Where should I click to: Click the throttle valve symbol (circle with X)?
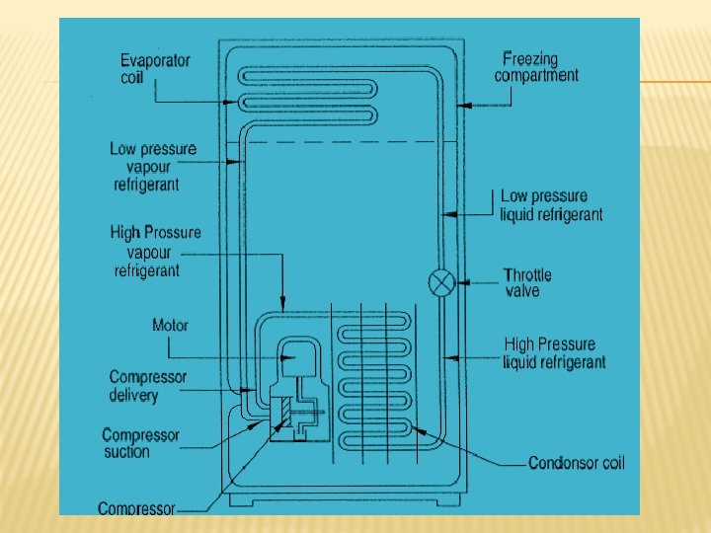click(441, 282)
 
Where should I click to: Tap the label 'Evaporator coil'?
click(155, 68)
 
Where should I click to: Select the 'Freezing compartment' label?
click(536, 67)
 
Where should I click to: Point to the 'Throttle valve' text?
click(527, 282)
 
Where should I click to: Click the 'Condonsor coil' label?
click(577, 463)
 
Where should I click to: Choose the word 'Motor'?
click(170, 325)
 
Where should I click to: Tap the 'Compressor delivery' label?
click(147, 386)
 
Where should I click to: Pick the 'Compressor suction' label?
click(140, 443)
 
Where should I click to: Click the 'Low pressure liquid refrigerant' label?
click(550, 205)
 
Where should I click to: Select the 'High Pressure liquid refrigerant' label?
click(553, 353)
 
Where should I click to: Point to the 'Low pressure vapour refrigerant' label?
click(152, 166)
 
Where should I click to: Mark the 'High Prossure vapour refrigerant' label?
click(155, 251)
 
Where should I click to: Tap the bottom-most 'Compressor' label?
click(136, 508)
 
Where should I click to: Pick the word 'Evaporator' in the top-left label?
click(155, 59)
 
